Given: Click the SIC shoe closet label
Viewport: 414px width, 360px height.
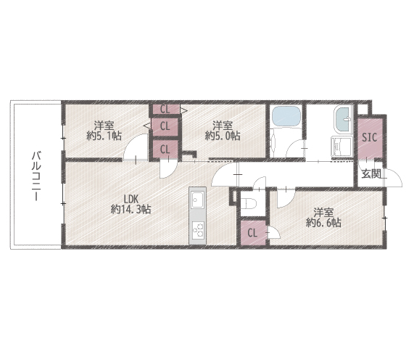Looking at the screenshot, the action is coord(369,137).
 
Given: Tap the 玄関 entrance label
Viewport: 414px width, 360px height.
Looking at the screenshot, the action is coord(371,173).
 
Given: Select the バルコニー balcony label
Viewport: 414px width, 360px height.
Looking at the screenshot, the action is coord(36,176).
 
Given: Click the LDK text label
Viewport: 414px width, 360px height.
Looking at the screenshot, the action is coord(131,199).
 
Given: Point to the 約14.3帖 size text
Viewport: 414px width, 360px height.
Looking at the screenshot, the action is coord(131,209).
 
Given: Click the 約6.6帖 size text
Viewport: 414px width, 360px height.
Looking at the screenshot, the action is coord(323,223).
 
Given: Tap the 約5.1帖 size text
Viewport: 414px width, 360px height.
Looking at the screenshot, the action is coord(104,136).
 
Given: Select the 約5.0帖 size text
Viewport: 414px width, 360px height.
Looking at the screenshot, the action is coord(223,136).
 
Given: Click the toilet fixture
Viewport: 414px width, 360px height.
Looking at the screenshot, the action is coord(251,203).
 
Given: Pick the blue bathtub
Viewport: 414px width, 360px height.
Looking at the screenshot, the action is coord(286,117).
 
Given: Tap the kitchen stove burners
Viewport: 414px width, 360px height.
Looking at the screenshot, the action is coord(197,229).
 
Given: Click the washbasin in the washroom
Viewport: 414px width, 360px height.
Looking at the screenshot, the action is coord(344,119).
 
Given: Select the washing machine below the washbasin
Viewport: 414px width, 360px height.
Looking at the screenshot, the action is coord(342,147).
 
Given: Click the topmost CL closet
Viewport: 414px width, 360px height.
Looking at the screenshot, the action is coord(165,109).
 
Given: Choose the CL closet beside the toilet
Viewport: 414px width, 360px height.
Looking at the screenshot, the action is coord(253,233).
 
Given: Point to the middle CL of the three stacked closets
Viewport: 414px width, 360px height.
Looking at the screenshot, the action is coord(165,126).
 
